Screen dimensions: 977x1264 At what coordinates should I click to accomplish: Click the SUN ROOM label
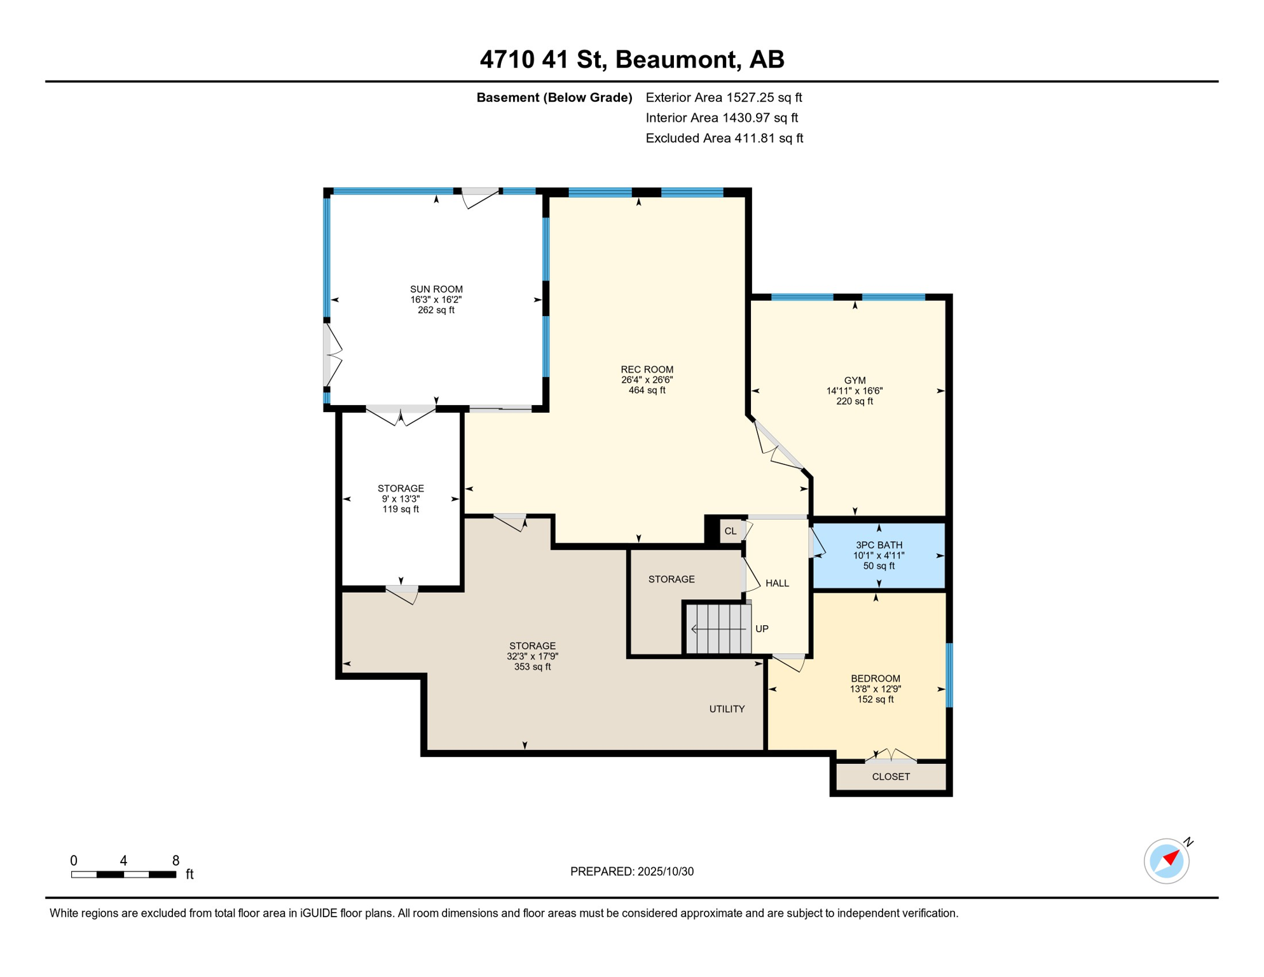[x=436, y=289]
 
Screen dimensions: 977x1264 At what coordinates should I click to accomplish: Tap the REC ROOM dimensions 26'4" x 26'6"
[x=647, y=380]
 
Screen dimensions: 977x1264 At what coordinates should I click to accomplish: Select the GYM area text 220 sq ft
[x=855, y=401]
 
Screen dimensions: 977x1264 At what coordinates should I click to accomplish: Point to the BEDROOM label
[x=876, y=679]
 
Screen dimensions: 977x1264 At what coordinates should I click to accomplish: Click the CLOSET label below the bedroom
[x=891, y=777]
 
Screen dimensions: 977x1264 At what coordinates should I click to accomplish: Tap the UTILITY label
[x=727, y=709]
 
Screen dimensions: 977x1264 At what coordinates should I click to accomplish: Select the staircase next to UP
[x=718, y=629]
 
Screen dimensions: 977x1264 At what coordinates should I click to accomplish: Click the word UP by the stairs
[x=762, y=629]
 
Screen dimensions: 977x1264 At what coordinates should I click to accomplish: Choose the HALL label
[x=777, y=583]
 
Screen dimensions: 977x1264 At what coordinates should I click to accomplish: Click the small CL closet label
[x=731, y=531]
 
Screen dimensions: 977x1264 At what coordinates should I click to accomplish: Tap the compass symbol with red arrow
[x=1167, y=861]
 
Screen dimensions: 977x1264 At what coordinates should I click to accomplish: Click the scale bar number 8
[x=176, y=861]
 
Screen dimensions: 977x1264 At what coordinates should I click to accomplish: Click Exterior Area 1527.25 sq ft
[x=724, y=97]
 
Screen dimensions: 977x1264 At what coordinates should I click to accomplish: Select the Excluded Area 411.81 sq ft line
[x=724, y=138]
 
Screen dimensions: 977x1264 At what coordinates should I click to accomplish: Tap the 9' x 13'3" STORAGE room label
[x=401, y=499]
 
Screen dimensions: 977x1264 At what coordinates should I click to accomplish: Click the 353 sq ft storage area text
[x=532, y=667]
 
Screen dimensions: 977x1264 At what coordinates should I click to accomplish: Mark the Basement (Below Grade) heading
[x=554, y=97]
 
